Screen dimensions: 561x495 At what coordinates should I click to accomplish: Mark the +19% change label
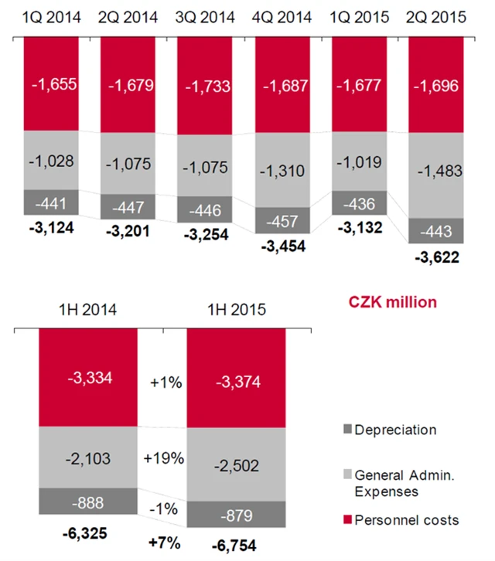tap(163, 457)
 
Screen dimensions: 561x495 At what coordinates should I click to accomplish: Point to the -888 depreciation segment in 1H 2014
tap(87, 503)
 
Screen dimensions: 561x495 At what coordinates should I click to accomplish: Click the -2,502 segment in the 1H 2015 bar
tap(236, 465)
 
